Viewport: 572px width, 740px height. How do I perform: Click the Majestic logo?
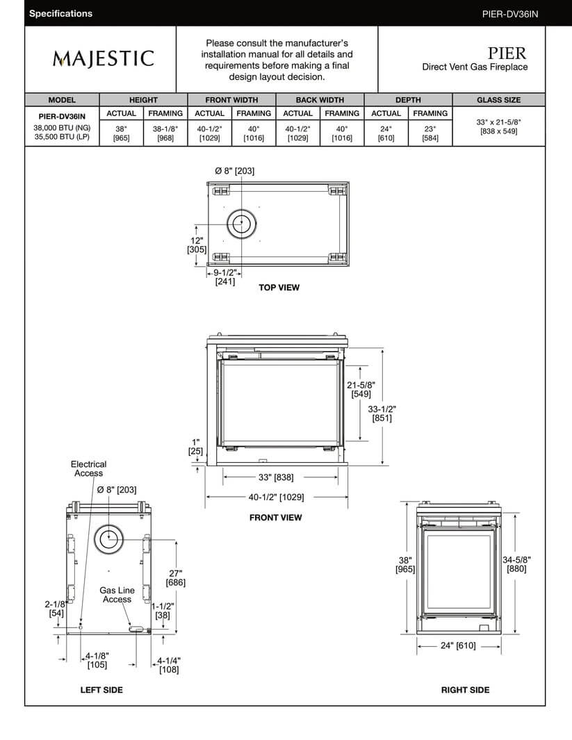coord(102,58)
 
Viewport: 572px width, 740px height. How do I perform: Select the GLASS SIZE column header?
coord(498,100)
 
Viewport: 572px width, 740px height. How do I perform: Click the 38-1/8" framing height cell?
coord(165,133)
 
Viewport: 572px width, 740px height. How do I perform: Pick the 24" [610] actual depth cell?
coord(386,133)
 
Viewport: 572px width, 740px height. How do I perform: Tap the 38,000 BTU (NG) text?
coord(62,128)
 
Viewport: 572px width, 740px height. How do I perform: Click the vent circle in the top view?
coord(242,224)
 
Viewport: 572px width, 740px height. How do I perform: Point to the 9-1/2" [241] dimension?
coord(224,277)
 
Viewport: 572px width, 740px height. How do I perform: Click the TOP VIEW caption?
coord(279,288)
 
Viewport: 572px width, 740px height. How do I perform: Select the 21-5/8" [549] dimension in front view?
coord(361,389)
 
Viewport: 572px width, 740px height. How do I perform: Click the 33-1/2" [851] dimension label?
coord(382,413)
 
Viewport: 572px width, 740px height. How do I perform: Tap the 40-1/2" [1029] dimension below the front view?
coord(276,498)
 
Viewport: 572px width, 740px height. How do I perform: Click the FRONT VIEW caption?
coord(276,518)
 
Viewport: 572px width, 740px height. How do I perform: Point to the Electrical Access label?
coord(88,468)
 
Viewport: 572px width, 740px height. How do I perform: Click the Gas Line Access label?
coord(117,595)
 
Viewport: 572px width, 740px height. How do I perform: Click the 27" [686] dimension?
coord(176,578)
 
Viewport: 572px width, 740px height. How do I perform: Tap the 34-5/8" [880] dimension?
coord(515,564)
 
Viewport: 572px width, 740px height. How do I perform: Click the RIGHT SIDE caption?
coord(465,690)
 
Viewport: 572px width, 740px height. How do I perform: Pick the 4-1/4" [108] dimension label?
coord(169,666)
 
